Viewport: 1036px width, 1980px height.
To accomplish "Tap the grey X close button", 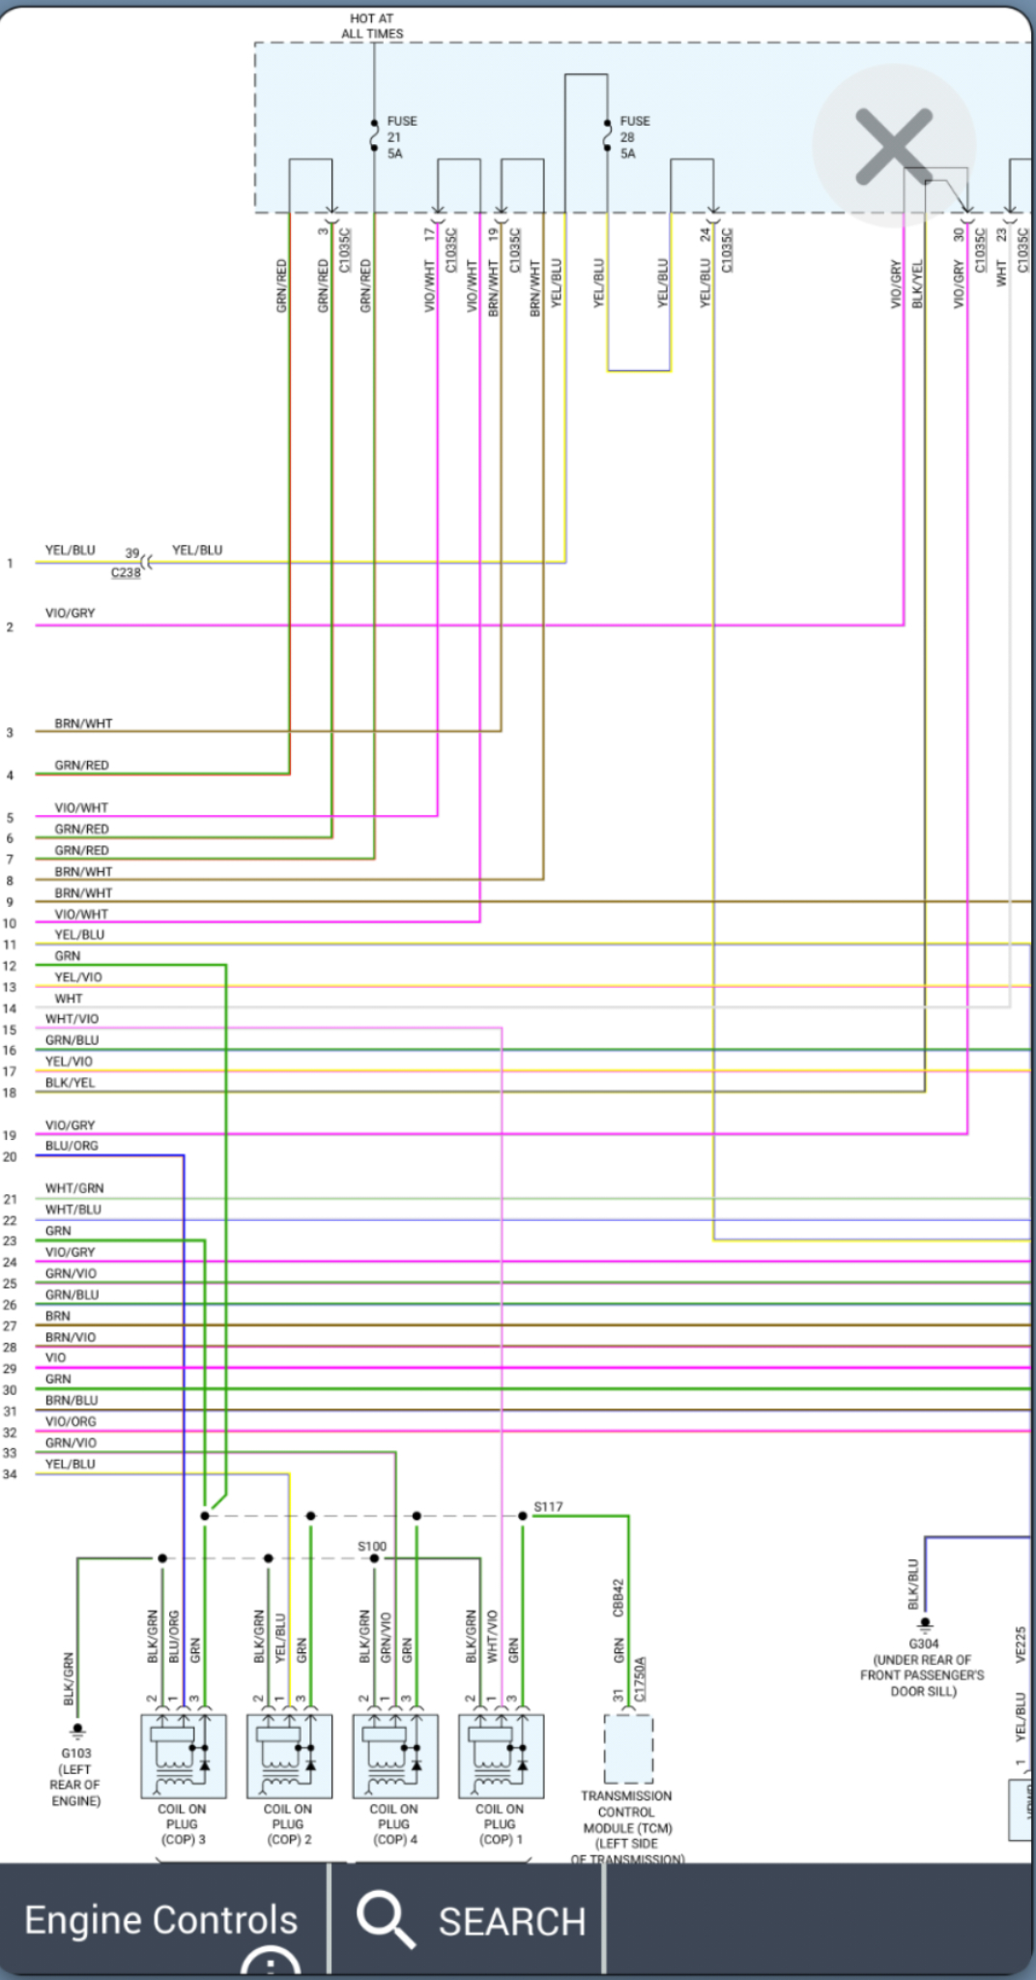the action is click(894, 146).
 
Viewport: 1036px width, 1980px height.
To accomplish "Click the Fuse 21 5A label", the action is click(401, 137).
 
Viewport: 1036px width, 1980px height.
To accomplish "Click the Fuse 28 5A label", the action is click(634, 137).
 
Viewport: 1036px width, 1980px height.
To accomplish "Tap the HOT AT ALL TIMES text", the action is click(372, 26).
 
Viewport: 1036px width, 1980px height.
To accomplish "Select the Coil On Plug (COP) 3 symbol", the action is click(184, 1755).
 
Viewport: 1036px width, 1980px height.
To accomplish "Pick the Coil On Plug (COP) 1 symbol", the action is click(502, 1755).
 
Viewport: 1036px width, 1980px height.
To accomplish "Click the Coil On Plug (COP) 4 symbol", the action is click(395, 1755).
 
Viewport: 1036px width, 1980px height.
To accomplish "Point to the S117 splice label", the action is click(548, 1506).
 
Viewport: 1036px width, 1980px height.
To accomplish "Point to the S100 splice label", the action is click(372, 1546).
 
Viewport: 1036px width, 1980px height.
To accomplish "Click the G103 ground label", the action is click(76, 1753).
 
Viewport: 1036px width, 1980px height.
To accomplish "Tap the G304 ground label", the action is click(923, 1644).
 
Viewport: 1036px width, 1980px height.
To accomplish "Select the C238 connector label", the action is click(126, 573).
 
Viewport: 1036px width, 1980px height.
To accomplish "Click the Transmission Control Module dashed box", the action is click(628, 1749).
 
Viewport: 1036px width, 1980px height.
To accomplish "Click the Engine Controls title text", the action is click(161, 1920).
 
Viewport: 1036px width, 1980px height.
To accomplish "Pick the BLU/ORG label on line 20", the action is click(72, 1146).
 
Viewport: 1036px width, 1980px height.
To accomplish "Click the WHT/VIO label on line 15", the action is click(72, 1019).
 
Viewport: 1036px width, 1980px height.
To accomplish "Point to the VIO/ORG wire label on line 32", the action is click(71, 1421).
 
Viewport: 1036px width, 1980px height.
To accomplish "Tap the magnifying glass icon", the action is click(386, 1919).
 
